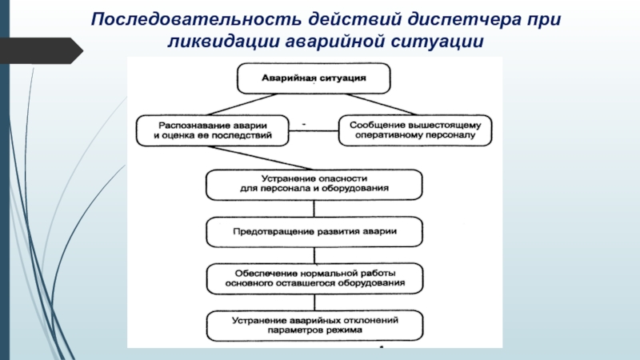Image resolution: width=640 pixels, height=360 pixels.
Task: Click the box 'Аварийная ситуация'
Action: point(314,78)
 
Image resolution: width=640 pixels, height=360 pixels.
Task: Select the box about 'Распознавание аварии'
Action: point(211,130)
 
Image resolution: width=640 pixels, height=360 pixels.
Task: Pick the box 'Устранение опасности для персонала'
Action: point(314,184)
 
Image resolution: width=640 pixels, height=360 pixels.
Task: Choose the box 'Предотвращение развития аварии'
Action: point(314,232)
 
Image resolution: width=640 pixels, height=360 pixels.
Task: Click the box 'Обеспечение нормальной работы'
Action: point(314,277)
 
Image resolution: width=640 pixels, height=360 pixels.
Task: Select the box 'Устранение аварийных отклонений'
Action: point(314,325)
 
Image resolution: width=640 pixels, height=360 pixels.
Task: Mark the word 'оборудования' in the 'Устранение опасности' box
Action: point(358,190)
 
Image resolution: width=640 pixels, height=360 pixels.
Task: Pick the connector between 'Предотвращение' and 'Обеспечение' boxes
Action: point(314,254)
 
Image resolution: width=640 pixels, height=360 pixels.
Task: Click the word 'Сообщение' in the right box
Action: point(375,124)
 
